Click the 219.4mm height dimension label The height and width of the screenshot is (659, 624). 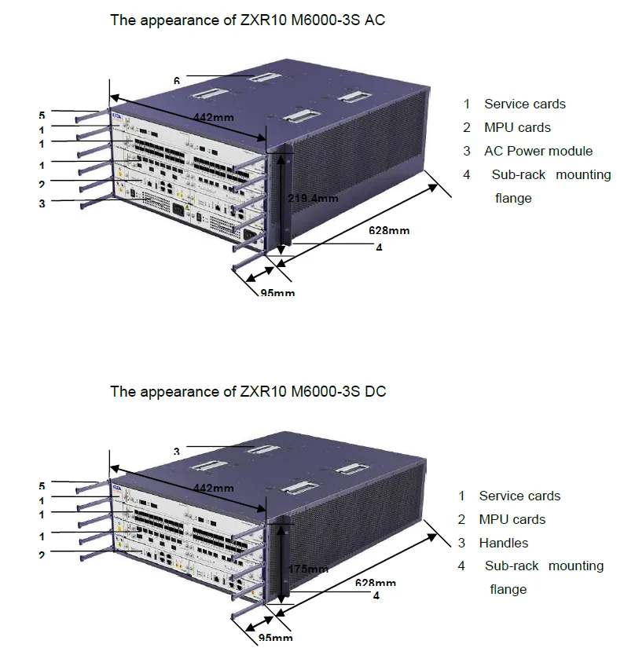313,198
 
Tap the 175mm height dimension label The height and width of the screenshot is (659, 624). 307,569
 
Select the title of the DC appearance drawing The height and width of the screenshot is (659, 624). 248,391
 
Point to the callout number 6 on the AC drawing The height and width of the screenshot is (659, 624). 178,80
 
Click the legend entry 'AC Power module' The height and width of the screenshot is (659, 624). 538,151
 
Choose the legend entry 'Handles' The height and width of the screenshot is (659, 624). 503,543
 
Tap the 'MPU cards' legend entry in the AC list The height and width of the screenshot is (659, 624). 517,127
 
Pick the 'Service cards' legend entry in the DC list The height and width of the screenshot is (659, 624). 519,496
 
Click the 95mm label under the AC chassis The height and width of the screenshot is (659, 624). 277,293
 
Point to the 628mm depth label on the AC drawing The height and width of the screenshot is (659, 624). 389,230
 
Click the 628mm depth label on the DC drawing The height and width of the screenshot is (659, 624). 375,583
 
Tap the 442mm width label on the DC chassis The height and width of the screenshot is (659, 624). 213,488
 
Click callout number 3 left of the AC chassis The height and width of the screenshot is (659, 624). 41,203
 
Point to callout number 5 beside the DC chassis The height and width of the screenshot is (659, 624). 42,485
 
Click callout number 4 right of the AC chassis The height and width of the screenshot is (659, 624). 378,247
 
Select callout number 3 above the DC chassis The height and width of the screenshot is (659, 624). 178,451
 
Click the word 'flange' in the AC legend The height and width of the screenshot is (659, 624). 513,198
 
